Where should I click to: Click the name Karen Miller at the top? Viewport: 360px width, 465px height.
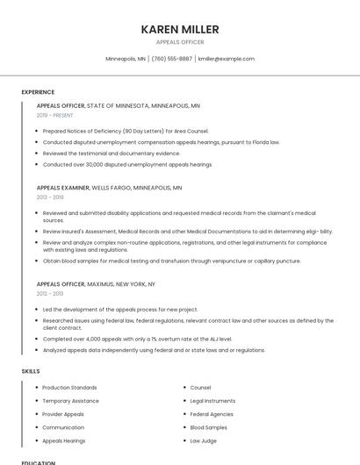pos(179,30)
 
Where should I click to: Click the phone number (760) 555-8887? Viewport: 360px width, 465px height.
pos(171,59)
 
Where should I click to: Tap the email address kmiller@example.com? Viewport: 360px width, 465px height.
pos(226,59)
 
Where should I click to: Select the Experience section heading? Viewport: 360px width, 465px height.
pos(38,92)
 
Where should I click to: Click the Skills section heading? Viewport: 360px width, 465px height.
pos(31,371)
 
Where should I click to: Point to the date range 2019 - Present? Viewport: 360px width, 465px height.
pos(54,115)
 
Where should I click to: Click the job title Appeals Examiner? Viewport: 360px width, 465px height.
pos(62,188)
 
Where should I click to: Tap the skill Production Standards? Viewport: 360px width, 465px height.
pos(69,387)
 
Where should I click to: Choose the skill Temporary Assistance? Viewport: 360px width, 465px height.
pos(70,401)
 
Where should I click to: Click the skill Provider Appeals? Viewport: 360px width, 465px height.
pos(63,414)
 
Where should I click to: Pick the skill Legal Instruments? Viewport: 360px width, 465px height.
pos(212,401)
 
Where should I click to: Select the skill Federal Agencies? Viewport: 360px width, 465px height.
pos(212,414)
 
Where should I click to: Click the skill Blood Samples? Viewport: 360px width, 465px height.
pos(208,427)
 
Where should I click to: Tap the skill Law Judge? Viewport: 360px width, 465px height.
pos(203,440)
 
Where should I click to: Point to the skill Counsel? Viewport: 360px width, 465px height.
pos(200,387)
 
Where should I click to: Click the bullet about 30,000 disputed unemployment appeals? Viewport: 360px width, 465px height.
pos(127,164)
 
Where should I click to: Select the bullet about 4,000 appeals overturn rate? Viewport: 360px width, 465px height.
pos(137,339)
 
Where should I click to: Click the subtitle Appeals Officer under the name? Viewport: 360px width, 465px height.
pos(179,42)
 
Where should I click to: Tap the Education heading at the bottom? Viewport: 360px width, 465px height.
pos(38,462)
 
